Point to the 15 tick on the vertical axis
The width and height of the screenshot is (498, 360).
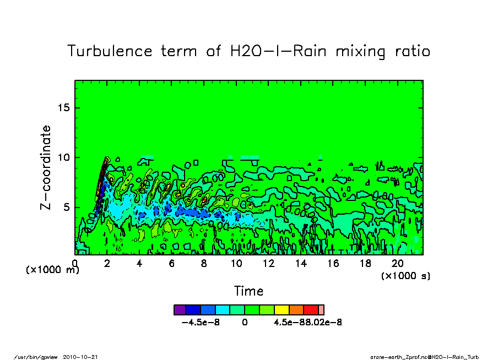(64, 107)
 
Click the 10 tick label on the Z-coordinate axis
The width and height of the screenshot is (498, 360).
(64, 157)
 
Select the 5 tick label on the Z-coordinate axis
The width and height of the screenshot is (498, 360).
(67, 208)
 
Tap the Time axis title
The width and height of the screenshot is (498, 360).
(248, 291)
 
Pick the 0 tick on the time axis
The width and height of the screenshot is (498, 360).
(75, 263)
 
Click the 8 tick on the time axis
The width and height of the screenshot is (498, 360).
(204, 263)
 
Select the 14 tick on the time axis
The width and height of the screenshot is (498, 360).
(301, 263)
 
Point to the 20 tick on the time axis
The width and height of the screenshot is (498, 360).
(398, 263)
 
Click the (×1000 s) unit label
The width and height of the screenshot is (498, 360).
(405, 276)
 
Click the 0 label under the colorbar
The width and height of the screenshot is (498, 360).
(245, 323)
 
